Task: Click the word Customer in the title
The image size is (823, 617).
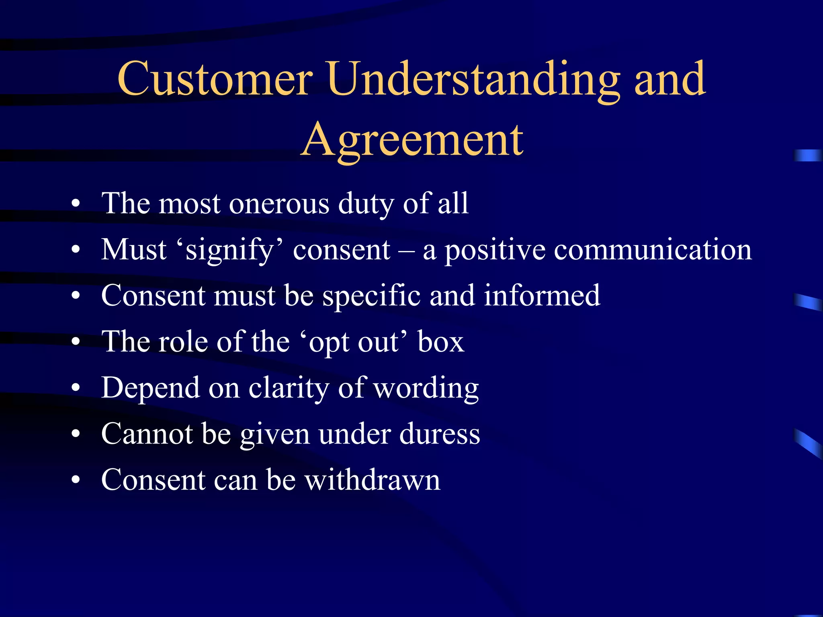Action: (215, 79)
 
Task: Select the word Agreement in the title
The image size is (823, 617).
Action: (412, 140)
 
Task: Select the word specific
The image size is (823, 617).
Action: (372, 296)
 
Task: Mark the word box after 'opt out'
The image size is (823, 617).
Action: (440, 342)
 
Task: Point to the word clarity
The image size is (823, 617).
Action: (289, 388)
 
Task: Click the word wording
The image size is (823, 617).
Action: (426, 388)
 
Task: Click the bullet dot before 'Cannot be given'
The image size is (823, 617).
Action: (76, 435)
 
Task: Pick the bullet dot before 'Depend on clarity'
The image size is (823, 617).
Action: (76, 388)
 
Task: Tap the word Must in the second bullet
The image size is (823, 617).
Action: (134, 249)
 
